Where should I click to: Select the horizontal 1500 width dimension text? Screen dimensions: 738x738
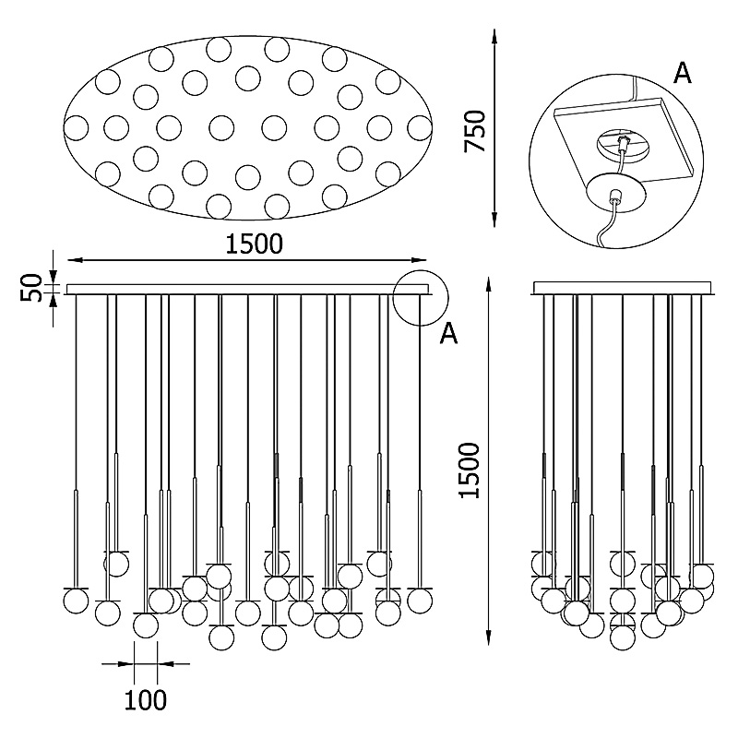pyautogui.click(x=252, y=244)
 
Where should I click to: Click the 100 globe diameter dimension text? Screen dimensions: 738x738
pyautogui.click(x=146, y=700)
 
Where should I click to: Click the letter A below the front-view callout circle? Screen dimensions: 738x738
pyautogui.click(x=449, y=334)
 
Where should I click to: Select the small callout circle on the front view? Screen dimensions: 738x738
pyautogui.click(x=420, y=298)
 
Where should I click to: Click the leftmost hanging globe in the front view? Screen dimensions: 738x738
pyautogui.click(x=76, y=601)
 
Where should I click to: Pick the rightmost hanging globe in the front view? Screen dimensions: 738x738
pyautogui.click(x=420, y=601)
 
